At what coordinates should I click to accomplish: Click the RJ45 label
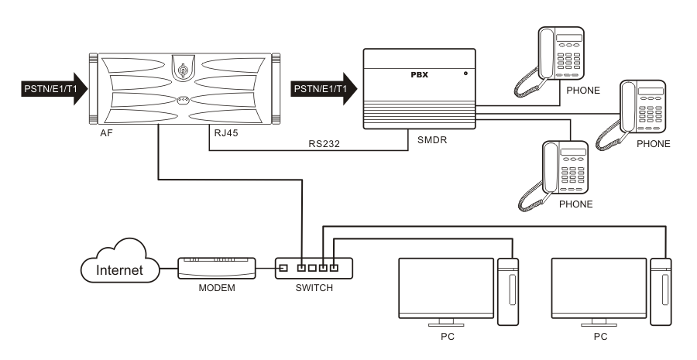click(x=226, y=132)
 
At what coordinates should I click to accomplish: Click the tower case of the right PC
click(x=661, y=290)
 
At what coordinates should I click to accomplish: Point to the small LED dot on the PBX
click(x=465, y=74)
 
